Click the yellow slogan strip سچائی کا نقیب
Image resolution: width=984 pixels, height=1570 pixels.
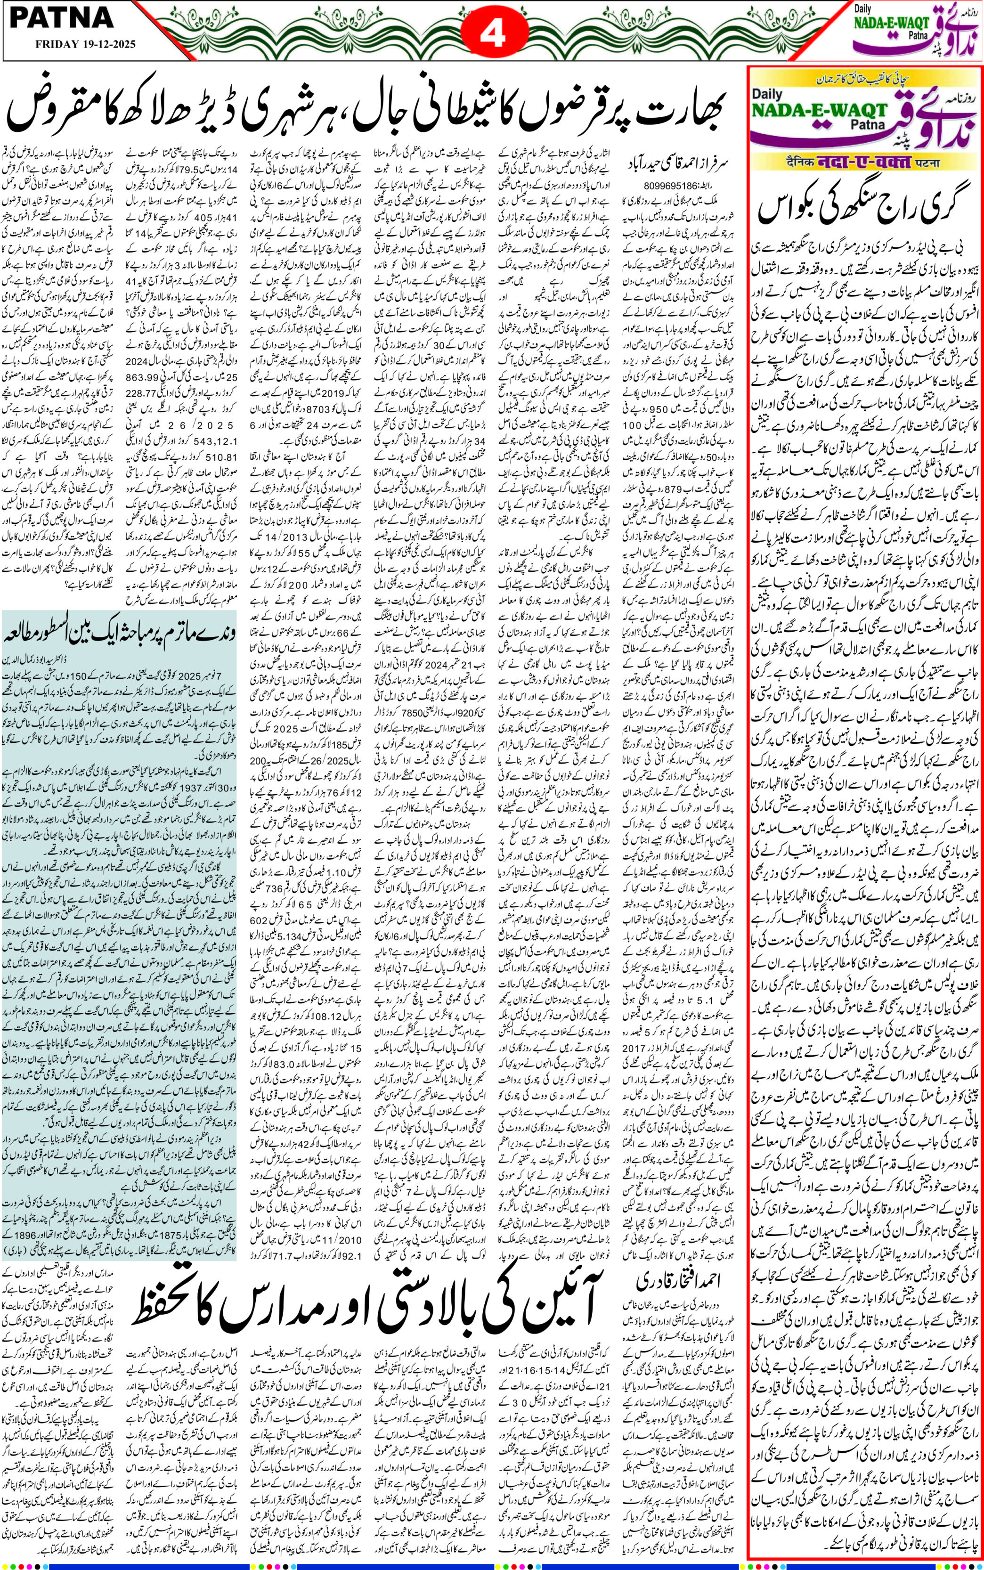tap(863, 80)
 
